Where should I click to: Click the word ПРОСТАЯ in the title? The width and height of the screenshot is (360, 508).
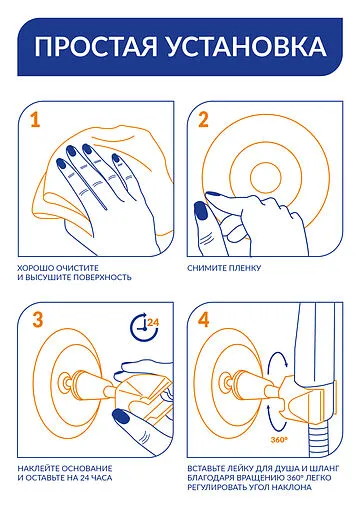click(96, 46)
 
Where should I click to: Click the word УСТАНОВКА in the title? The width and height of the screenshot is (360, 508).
click(247, 46)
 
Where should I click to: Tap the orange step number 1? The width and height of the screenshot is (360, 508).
click(35, 120)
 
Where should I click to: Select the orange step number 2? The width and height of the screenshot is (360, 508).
click(203, 120)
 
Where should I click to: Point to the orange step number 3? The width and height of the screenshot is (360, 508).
click(38, 320)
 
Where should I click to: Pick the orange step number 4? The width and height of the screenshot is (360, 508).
click(204, 320)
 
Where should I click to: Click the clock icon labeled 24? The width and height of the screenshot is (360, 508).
click(144, 327)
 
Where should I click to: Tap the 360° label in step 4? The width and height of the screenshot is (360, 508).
click(279, 440)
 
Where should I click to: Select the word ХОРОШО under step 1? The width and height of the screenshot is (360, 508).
click(36, 268)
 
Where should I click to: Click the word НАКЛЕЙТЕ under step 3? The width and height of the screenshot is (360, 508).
click(37, 468)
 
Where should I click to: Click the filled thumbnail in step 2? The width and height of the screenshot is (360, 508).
click(200, 210)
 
